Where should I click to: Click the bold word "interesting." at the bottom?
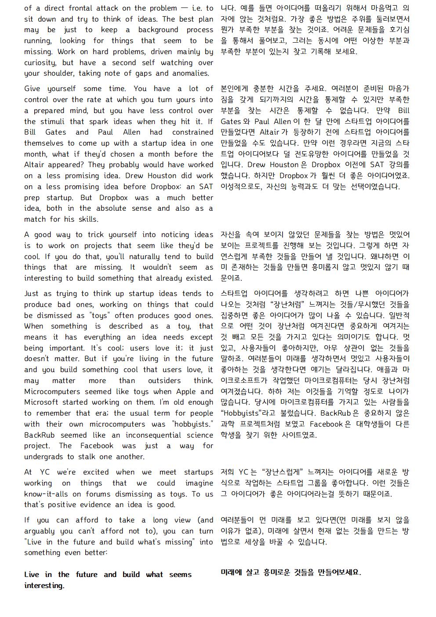tap(44, 585)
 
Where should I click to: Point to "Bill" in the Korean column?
tap(403, 110)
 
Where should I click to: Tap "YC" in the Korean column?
tap(243, 472)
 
